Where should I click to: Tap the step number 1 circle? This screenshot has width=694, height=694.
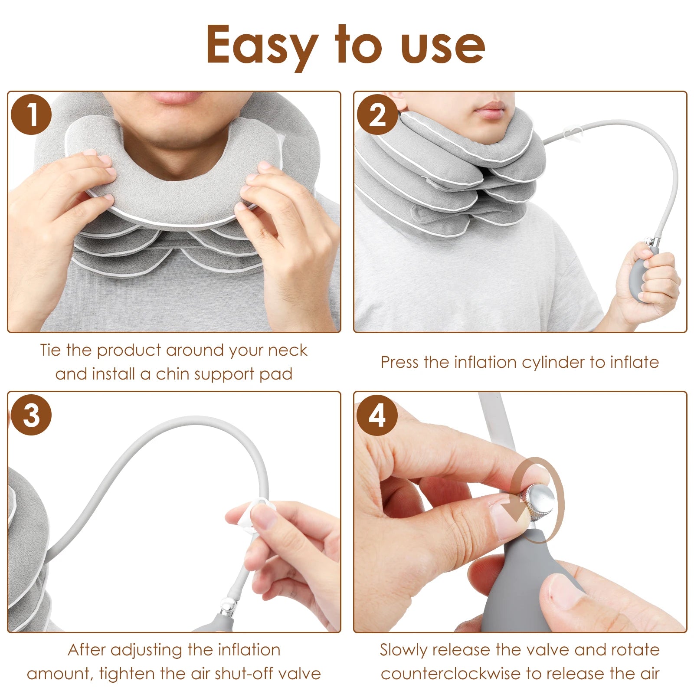coord(31,115)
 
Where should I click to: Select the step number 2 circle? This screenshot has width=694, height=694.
coord(377,115)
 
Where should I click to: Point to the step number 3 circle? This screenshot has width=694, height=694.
coord(31,415)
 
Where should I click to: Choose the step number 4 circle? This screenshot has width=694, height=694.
coord(377,415)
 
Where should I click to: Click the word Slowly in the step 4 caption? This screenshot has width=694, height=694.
coord(403,650)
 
